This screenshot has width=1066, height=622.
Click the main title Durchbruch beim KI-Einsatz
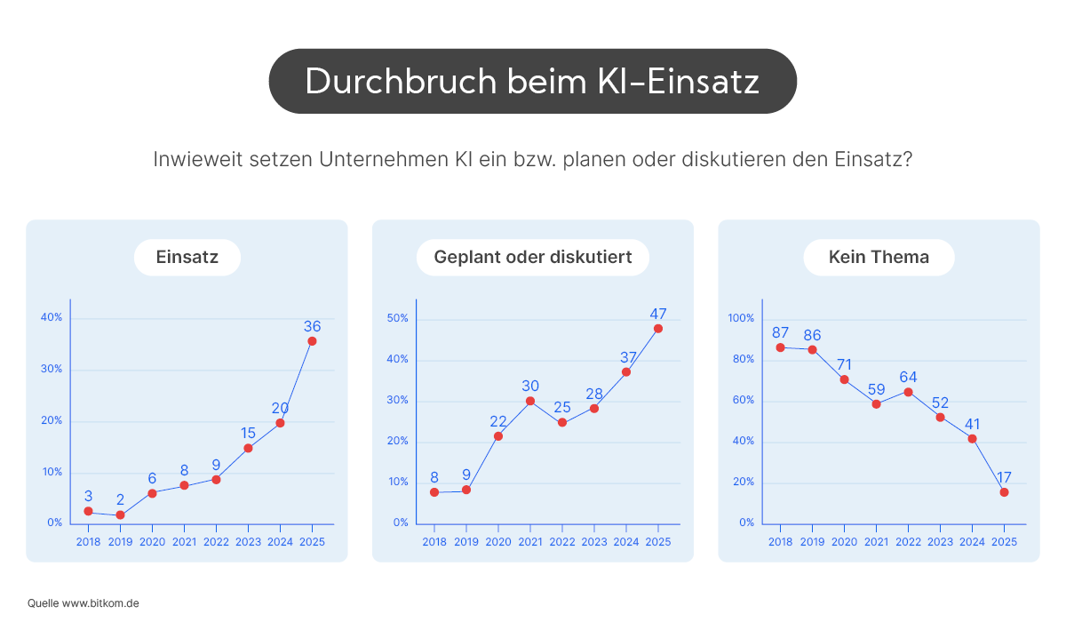[x=532, y=81]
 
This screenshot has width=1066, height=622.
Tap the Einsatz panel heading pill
[x=187, y=258]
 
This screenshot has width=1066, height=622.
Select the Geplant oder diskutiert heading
[x=532, y=258]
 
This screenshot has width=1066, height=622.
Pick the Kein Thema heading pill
[x=879, y=258]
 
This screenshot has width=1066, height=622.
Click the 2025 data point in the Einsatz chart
[x=312, y=341]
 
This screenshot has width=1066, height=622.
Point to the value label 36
[x=312, y=326]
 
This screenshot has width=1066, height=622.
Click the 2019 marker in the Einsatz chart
[x=120, y=515]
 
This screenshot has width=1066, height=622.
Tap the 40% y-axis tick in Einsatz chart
[x=52, y=317]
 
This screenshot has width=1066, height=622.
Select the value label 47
[x=657, y=314]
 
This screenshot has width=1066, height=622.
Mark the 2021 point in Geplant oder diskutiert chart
[x=530, y=401]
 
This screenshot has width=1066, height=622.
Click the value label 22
[x=498, y=421]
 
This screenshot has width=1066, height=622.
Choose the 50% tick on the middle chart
[x=397, y=318]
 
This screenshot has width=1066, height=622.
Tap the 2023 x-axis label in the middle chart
[x=594, y=542]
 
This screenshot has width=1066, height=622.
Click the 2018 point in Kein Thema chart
[x=780, y=347]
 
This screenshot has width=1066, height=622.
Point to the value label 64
[x=908, y=377]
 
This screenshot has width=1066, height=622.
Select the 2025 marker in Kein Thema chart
[x=1004, y=492]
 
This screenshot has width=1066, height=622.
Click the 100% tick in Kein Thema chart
[x=741, y=318]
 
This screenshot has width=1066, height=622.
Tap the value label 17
[x=1004, y=477]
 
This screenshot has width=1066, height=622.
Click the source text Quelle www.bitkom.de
[x=83, y=602]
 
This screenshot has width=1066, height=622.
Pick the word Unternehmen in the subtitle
[x=367, y=161]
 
